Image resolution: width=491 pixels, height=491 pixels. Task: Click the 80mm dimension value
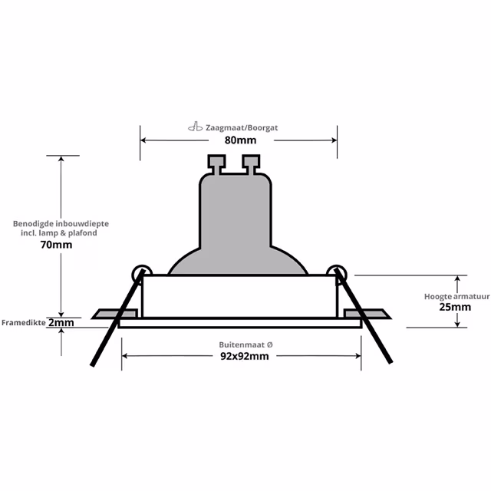point(241,141)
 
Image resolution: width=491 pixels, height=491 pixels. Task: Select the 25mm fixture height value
point(457,307)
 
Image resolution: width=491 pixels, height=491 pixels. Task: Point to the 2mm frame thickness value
point(61,323)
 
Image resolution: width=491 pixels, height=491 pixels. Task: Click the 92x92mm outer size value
point(241,357)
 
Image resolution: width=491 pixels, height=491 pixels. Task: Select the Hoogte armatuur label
point(457,295)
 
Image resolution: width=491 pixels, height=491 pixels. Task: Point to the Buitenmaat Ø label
point(241,345)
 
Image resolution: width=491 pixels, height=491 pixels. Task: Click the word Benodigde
point(36,223)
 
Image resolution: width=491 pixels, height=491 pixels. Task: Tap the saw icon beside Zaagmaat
point(195,127)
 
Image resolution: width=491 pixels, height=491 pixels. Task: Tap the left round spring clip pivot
point(140,272)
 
